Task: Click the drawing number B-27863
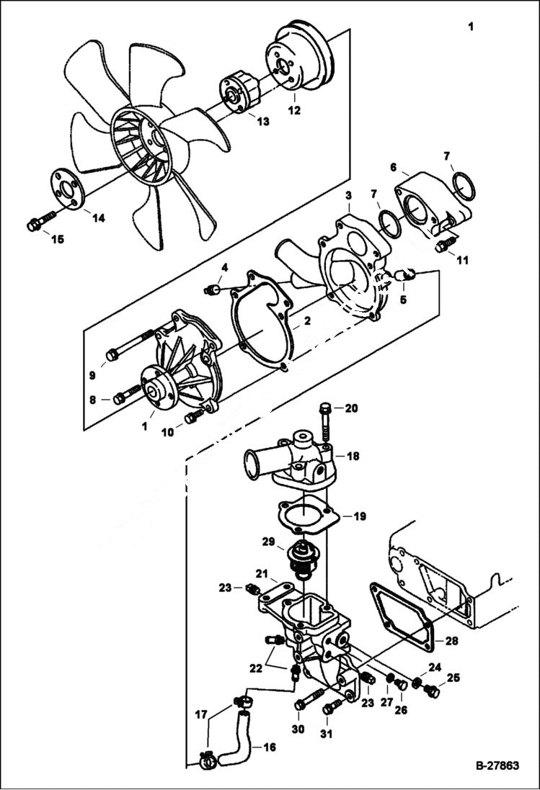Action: click(x=497, y=766)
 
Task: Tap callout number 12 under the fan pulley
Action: click(x=294, y=111)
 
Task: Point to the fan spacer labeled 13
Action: click(x=242, y=95)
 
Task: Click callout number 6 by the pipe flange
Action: click(x=394, y=167)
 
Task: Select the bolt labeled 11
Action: click(x=443, y=245)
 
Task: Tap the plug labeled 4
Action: click(x=212, y=289)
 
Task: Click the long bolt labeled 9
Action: click(x=130, y=344)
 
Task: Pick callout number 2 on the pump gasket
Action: click(x=306, y=322)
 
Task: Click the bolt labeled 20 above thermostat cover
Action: click(x=325, y=424)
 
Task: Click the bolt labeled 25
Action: click(x=431, y=691)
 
